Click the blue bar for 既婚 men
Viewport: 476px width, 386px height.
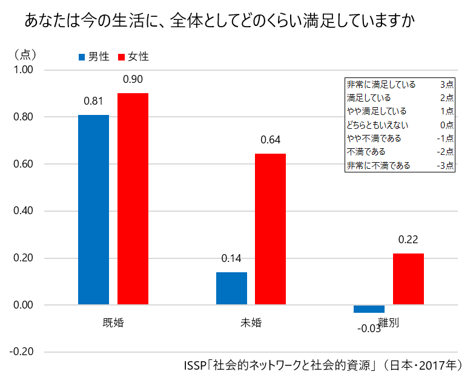pyautogui.click(x=93, y=209)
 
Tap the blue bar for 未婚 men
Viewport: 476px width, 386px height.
pyautogui.click(x=231, y=289)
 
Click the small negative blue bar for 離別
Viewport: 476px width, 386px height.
pyautogui.click(x=369, y=309)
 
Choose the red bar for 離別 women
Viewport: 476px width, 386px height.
pyautogui.click(x=408, y=279)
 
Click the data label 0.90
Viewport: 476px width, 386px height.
pyautogui.click(x=133, y=79)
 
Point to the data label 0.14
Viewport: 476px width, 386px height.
pyautogui.click(x=231, y=258)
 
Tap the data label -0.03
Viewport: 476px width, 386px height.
pyautogui.click(x=369, y=329)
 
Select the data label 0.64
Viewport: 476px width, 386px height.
pyautogui.click(x=270, y=140)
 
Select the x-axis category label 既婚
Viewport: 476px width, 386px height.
pyautogui.click(x=113, y=322)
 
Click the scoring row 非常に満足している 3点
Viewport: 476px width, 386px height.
pyautogui.click(x=399, y=85)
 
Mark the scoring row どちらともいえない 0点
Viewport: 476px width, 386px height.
pyautogui.click(x=399, y=125)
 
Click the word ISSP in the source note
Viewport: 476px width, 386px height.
pyautogui.click(x=194, y=366)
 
